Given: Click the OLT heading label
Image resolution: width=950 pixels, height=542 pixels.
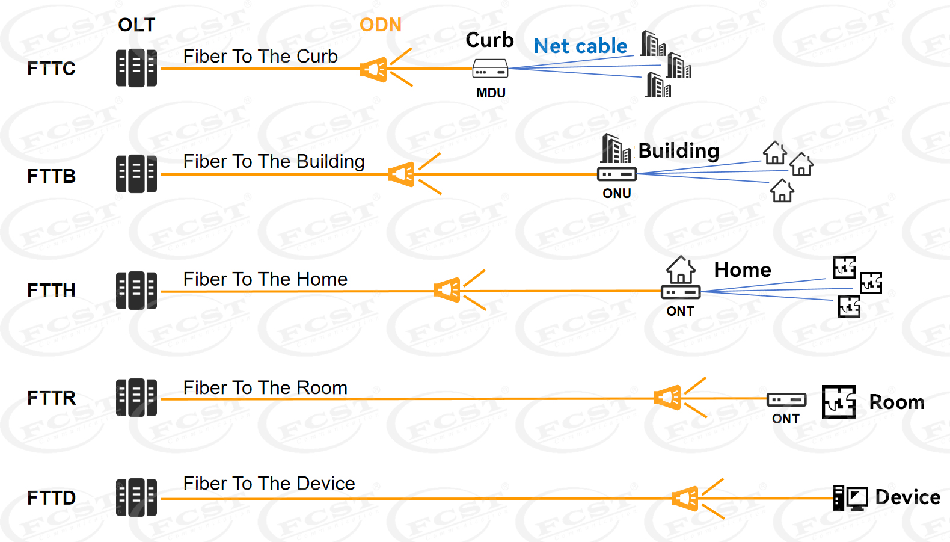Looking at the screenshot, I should (x=136, y=25).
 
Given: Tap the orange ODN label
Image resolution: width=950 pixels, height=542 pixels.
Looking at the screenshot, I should (x=380, y=25).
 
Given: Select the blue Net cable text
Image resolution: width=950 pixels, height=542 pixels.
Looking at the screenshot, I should (x=580, y=46).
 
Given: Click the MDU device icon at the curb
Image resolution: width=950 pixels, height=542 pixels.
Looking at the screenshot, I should (x=490, y=69).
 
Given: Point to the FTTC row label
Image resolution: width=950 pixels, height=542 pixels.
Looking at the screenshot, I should (x=51, y=69).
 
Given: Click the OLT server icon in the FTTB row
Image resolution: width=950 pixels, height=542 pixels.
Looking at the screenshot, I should (x=136, y=174).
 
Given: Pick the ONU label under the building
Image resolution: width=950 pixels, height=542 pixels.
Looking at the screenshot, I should (x=617, y=193).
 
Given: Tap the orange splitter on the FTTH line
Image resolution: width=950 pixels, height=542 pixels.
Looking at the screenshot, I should (x=448, y=291).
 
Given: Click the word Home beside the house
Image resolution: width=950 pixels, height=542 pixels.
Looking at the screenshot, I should (x=742, y=269).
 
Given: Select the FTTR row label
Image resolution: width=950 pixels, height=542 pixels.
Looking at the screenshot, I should (x=51, y=398).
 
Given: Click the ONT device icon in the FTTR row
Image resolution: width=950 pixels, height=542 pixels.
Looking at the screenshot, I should (x=786, y=399).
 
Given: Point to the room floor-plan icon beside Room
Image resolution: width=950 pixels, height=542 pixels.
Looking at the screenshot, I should (x=839, y=402).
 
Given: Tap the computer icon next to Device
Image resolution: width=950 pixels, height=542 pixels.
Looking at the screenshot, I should (x=850, y=498).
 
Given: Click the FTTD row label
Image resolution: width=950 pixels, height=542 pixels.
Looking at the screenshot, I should (x=51, y=498).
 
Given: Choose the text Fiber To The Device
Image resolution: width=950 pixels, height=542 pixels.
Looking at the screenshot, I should (x=269, y=484).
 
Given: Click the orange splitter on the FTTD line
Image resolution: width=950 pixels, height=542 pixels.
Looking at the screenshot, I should (x=686, y=499).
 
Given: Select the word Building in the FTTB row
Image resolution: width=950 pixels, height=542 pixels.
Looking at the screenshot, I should (x=678, y=150).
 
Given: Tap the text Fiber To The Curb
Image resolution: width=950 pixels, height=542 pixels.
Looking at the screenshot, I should (x=260, y=57).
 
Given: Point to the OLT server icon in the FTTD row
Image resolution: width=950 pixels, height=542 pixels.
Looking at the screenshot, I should (x=136, y=497).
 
